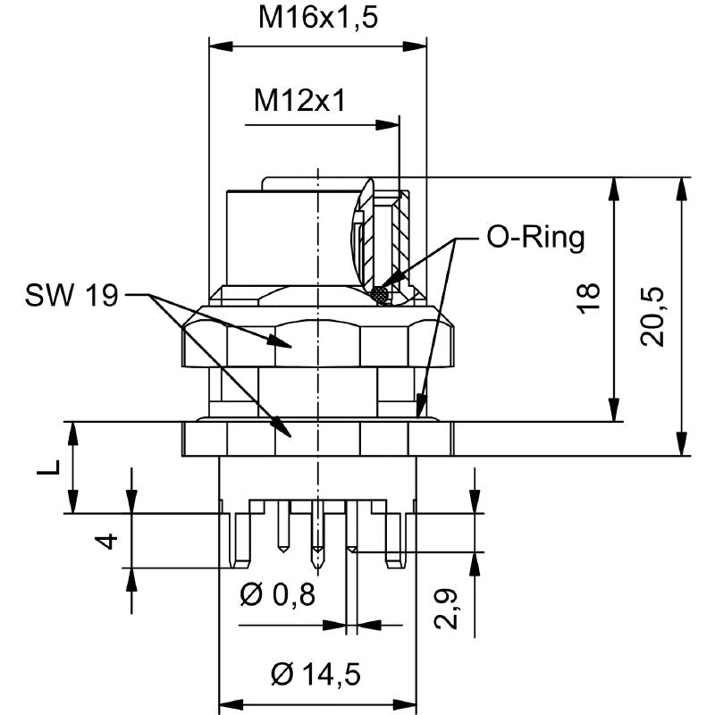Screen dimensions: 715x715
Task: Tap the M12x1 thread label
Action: point(299,100)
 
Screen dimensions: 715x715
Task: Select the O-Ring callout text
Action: point(535,237)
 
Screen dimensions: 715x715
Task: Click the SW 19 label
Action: point(71,294)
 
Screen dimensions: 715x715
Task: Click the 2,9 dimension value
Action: point(452,609)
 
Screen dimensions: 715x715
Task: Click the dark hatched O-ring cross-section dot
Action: point(383,293)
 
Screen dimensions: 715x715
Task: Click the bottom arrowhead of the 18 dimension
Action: point(614,412)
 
